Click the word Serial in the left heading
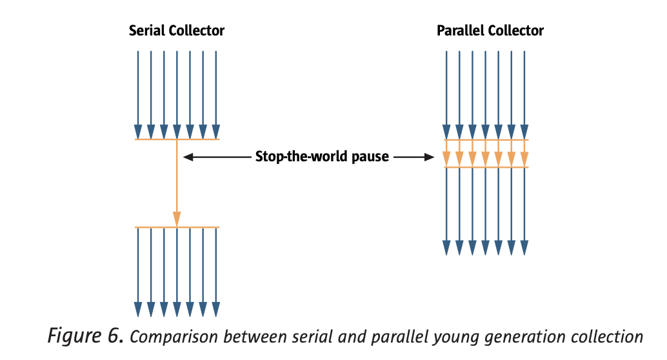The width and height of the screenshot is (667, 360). (x=147, y=30)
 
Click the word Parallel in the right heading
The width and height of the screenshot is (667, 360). (x=461, y=30)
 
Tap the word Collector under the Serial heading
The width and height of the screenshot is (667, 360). (x=197, y=30)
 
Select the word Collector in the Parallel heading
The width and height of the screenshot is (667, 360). (x=516, y=30)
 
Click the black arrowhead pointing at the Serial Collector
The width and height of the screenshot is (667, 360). (x=188, y=157)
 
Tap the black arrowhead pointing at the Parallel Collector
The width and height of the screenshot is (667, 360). (x=429, y=157)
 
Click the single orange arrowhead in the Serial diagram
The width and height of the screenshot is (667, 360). (x=177, y=219)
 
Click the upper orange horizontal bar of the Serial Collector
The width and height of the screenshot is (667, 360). (x=177, y=139)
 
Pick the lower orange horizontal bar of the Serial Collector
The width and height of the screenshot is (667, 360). (x=177, y=227)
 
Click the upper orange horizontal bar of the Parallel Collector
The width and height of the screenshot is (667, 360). (x=486, y=139)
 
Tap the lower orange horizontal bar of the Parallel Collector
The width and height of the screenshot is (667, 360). (x=486, y=167)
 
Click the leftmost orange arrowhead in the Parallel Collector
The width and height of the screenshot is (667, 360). (x=446, y=159)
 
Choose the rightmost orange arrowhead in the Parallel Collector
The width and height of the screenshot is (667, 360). (x=524, y=159)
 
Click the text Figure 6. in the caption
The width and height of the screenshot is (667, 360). (x=86, y=335)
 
